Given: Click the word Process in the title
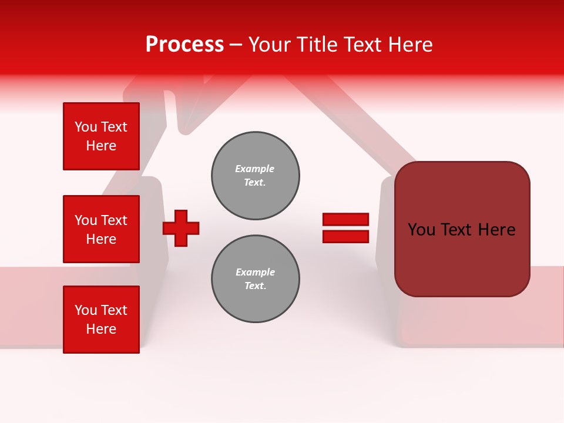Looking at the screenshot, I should point(184,45).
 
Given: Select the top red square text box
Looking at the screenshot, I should point(101,136).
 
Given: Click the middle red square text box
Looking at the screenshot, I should point(101,229).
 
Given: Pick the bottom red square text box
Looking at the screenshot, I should point(101,320).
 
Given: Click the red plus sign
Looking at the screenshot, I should point(181,228).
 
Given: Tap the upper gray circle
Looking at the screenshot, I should point(256,176).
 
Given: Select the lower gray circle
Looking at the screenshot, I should point(256,279).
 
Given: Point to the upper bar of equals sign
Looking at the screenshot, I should point(345,219).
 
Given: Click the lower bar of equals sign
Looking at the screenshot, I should point(345,236).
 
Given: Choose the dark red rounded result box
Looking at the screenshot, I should point(462,229).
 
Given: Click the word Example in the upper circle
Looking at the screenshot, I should point(254,169).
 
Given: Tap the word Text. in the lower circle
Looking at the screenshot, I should point(255,286).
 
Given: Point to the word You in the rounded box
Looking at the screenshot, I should point(421,230).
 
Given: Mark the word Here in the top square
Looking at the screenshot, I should point(101,146).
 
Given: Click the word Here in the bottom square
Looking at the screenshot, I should point(101,329).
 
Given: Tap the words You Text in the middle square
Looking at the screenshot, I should point(101,220).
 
